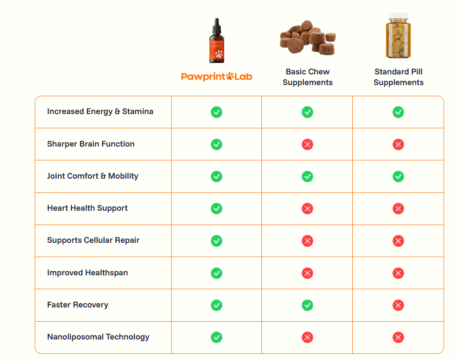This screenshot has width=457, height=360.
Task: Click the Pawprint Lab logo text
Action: (x=216, y=77)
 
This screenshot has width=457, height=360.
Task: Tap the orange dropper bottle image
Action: (x=216, y=41)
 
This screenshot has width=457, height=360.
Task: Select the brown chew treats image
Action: (x=307, y=37)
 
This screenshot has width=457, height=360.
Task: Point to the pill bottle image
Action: (x=398, y=36)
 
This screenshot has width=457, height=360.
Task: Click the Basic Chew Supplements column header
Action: (x=307, y=77)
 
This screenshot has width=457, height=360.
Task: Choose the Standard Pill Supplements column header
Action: (x=398, y=77)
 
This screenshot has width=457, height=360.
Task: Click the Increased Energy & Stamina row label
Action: (x=100, y=112)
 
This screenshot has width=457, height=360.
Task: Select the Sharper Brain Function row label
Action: (x=91, y=144)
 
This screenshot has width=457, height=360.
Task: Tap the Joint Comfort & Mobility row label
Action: (x=93, y=176)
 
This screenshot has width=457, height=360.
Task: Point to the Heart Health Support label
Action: (x=87, y=208)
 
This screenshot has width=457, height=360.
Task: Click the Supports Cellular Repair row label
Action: (x=94, y=240)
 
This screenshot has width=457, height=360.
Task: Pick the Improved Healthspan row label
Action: (x=87, y=273)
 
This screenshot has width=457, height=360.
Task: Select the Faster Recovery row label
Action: (x=78, y=305)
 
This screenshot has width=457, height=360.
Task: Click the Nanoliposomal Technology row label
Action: (x=98, y=337)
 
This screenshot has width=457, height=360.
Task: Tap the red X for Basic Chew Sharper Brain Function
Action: (x=307, y=144)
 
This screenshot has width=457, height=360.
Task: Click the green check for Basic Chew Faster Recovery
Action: (x=307, y=305)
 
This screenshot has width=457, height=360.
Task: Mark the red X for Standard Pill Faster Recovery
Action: (x=398, y=305)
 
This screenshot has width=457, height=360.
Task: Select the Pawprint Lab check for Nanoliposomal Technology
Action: (x=216, y=337)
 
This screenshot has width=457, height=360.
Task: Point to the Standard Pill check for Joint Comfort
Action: (x=398, y=176)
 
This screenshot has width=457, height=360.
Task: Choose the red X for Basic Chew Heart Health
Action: (x=307, y=209)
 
